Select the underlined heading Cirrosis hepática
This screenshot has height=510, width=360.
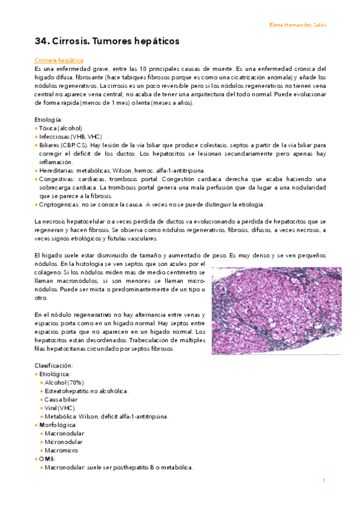tap(59, 61)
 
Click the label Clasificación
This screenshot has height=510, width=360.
tap(53, 365)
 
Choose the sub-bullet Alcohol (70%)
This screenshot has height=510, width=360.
tap(64, 382)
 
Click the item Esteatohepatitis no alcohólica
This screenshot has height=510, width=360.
tap(87, 391)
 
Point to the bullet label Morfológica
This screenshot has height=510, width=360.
tap(58, 425)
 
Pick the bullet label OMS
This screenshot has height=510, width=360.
tap(47, 458)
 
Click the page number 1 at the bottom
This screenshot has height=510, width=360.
tap(323, 480)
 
